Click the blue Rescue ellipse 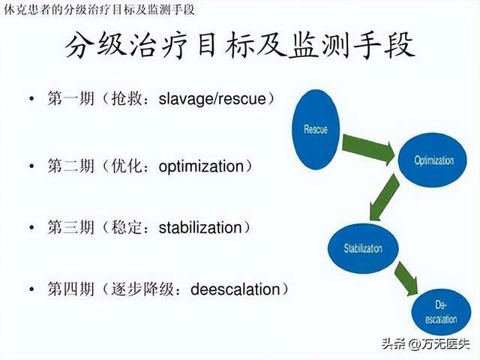tap(316, 130)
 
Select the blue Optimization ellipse tap(433, 160)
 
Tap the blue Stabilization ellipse tap(363, 248)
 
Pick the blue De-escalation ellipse tap(441, 312)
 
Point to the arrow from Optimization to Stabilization tap(384, 197)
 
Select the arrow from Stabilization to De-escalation tap(406, 278)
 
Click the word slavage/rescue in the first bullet tap(212, 98)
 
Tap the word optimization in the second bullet tap(201, 166)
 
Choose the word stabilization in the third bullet tap(200, 228)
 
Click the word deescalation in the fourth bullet tap(235, 289)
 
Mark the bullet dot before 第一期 tap(31, 98)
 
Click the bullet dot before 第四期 tap(31, 289)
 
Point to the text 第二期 tap(70, 166)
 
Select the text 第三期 tap(70, 227)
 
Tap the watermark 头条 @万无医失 tap(425, 343)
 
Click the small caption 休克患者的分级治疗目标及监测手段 tap(99, 10)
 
